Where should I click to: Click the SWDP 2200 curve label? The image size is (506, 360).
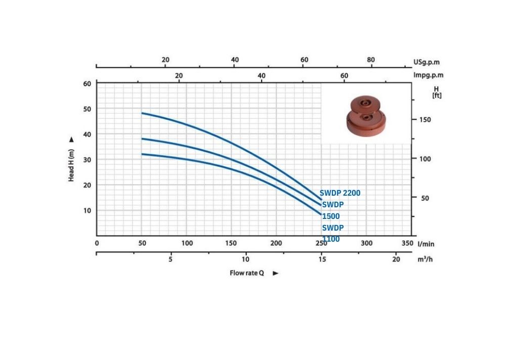pyautogui.click(x=340, y=193)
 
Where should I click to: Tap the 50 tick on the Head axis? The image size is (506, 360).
pyautogui.click(x=87, y=109)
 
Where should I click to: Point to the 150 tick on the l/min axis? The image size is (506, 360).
pyautogui.click(x=231, y=243)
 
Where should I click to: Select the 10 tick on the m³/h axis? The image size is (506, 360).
pyautogui.click(x=245, y=259)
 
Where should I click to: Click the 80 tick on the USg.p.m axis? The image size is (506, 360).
pyautogui.click(x=371, y=60)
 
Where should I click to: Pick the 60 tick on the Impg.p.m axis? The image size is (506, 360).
pyautogui.click(x=344, y=75)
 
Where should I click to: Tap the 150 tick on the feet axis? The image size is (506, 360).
pyautogui.click(x=425, y=120)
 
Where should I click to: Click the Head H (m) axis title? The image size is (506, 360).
pyautogui.click(x=71, y=165)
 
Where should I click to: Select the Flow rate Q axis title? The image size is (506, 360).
pyautogui.click(x=246, y=273)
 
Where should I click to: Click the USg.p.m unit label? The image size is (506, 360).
pyautogui.click(x=426, y=62)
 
